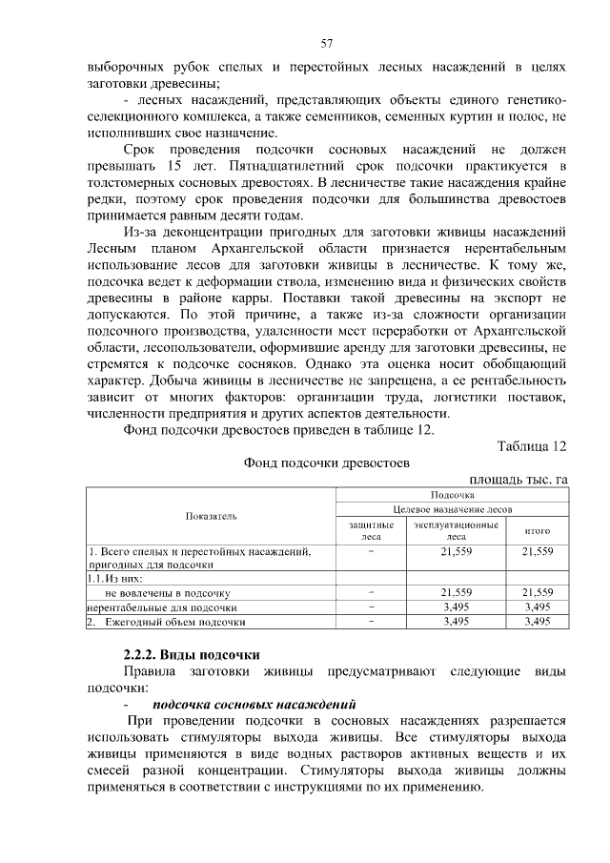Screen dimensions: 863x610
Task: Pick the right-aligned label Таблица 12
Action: tap(532, 446)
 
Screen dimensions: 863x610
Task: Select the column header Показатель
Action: tap(212, 516)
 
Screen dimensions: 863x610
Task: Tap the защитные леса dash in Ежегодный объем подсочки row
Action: tap(371, 622)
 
